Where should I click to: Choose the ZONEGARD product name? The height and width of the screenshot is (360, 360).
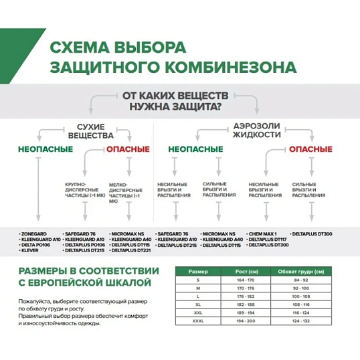[35, 234]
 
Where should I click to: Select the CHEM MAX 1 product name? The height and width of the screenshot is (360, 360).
[262, 234]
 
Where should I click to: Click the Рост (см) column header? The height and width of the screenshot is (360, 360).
[243, 272]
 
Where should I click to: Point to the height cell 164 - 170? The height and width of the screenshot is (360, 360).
[243, 280]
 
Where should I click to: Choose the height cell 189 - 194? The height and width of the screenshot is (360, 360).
[243, 312]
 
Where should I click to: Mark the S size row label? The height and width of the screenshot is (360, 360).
[198, 280]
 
